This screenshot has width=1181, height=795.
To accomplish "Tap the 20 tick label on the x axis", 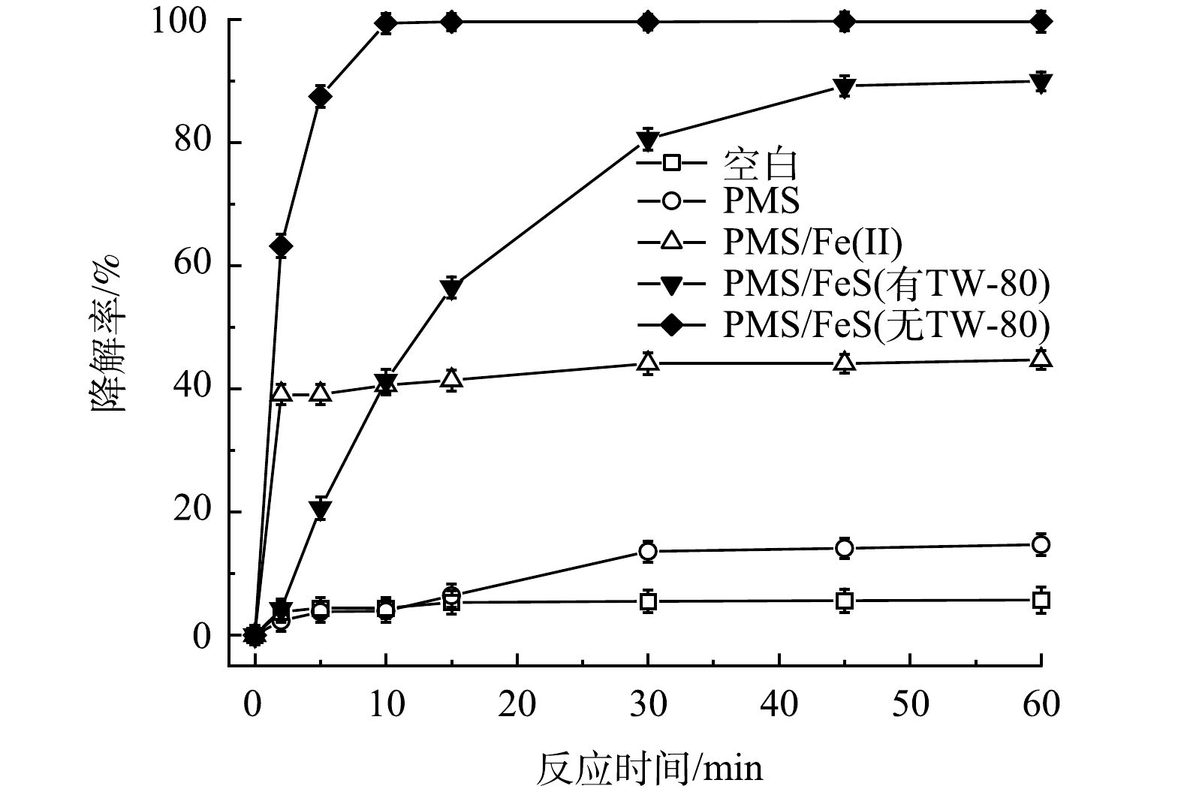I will (517, 704).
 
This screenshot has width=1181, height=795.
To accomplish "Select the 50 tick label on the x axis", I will (910, 704).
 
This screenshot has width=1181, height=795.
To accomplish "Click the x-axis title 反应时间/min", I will (649, 768).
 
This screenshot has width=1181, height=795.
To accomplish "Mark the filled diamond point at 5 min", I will (321, 97).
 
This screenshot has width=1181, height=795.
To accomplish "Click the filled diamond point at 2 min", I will (281, 246).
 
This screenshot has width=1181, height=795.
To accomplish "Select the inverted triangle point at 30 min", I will (648, 140).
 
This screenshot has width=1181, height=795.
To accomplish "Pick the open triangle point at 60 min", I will (1041, 359).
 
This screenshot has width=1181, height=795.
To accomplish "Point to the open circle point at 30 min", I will (648, 551).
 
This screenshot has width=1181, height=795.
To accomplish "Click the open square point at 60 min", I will (1041, 600).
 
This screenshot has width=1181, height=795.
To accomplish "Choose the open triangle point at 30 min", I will (648, 363).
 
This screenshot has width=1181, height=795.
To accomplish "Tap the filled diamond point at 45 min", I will (845, 22).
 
